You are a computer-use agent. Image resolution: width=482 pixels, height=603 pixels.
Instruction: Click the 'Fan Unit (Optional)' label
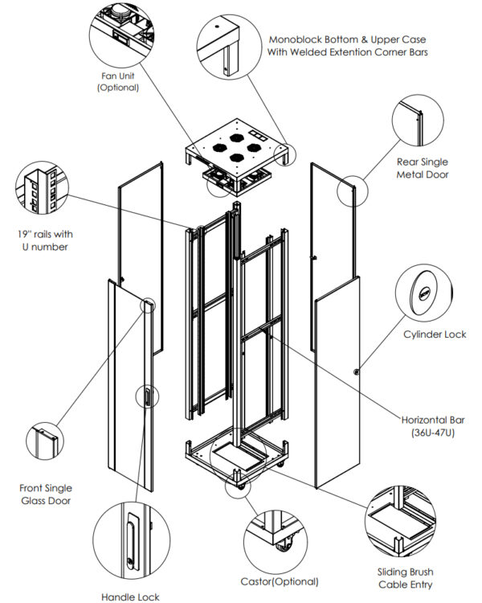(x=118, y=82)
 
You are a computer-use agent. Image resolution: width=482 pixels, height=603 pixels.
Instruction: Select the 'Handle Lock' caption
(x=130, y=597)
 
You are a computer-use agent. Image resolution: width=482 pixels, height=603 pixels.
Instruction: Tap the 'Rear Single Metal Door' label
(x=423, y=168)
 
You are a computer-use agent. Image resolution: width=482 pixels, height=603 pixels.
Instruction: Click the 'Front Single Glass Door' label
(x=46, y=494)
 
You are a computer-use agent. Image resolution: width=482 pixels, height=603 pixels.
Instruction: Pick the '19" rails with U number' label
(x=46, y=240)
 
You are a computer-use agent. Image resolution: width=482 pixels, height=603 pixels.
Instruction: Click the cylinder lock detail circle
(x=425, y=294)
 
